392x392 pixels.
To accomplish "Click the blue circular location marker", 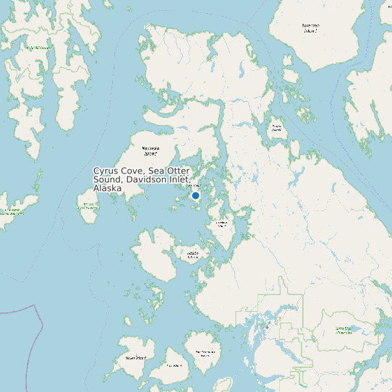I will (195, 195).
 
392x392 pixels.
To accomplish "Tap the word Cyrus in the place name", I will (106, 171).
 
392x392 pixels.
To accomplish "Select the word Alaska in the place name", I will (108, 188).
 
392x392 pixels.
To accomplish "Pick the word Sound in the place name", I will (108, 179).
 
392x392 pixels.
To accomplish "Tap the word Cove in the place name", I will (133, 171).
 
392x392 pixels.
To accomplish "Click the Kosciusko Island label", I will (150, 151).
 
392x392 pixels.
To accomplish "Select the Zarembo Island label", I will (310, 28).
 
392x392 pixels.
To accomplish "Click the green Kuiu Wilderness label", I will (39, 48).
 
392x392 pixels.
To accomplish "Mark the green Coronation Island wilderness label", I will (12, 212).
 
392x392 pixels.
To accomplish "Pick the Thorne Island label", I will (276, 127).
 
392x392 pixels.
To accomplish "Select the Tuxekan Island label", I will (222, 223).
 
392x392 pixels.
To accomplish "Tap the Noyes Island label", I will (136, 357).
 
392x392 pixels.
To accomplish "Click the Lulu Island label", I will (174, 365).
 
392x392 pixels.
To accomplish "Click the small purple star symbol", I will (268, 328).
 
